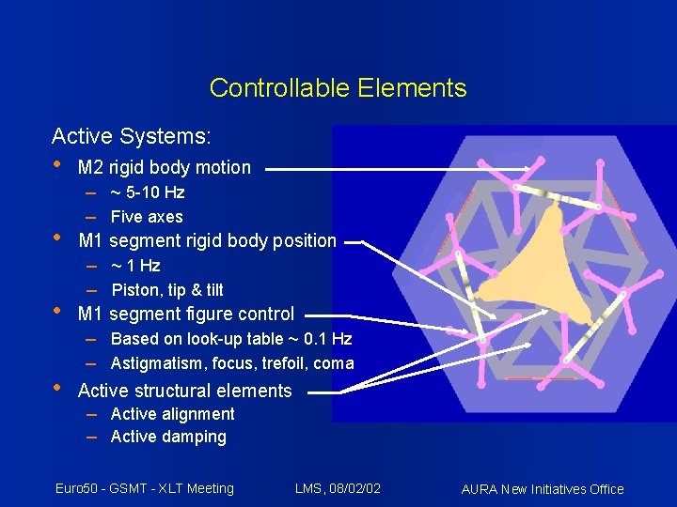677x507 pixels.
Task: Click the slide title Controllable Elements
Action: tap(338, 88)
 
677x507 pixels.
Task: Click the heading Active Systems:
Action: tap(131, 136)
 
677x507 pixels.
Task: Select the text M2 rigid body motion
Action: tap(164, 168)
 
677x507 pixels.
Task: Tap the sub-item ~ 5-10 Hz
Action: tap(147, 192)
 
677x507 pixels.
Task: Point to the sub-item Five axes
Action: tap(147, 217)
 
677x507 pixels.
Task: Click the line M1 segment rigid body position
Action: tap(207, 240)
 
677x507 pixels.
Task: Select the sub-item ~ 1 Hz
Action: tap(135, 266)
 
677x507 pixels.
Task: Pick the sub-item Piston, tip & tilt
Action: tap(166, 290)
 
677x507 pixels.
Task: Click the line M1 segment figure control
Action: tap(185, 314)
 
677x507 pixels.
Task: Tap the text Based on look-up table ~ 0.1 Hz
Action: tap(230, 339)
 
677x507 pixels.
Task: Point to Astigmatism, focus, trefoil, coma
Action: tap(231, 363)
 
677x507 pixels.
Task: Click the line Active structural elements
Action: tap(184, 391)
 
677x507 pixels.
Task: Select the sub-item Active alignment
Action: tap(172, 414)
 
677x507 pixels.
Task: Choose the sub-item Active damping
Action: tap(168, 437)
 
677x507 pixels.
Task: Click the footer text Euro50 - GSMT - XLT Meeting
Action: tap(144, 488)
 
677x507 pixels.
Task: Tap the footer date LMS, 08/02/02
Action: tap(338, 488)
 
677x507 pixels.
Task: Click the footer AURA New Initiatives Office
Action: tap(543, 489)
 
